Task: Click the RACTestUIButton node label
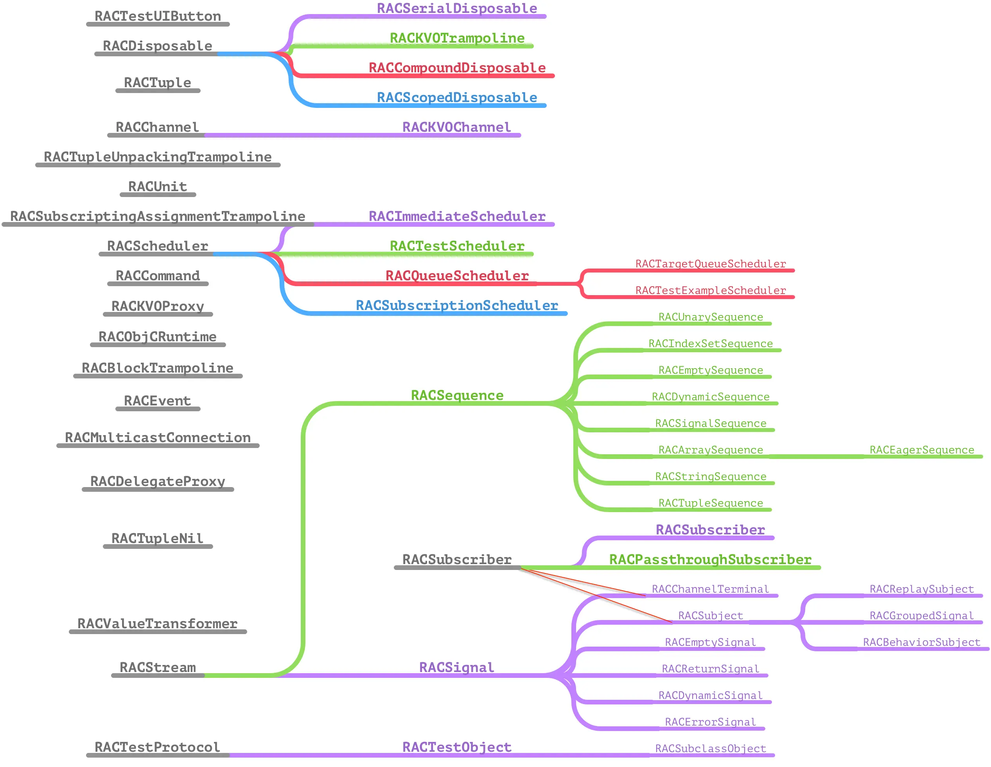click(158, 16)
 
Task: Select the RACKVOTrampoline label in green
click(457, 38)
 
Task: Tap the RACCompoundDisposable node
click(457, 68)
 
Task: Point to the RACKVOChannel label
click(456, 127)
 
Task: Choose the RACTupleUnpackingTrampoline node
click(158, 157)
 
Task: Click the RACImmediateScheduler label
click(457, 216)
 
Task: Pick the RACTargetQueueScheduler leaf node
click(711, 264)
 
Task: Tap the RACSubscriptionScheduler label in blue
click(457, 306)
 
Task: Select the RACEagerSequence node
click(921, 450)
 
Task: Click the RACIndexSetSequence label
click(711, 344)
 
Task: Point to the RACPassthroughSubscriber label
click(710, 560)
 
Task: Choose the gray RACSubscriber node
click(457, 560)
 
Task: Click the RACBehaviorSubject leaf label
click(921, 642)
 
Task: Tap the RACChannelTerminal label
click(711, 589)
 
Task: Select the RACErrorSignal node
click(711, 722)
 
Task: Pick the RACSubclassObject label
click(711, 749)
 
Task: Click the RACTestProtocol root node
click(158, 747)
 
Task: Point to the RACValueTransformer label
click(158, 624)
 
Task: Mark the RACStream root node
click(158, 668)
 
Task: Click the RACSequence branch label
click(457, 396)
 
